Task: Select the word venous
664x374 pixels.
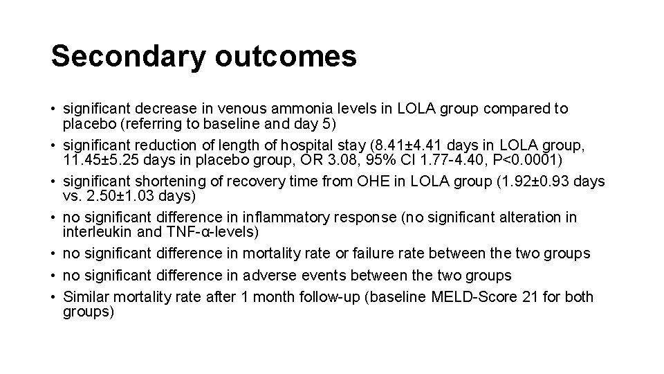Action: click(238, 109)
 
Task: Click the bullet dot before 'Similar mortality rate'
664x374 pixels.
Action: click(53, 298)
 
